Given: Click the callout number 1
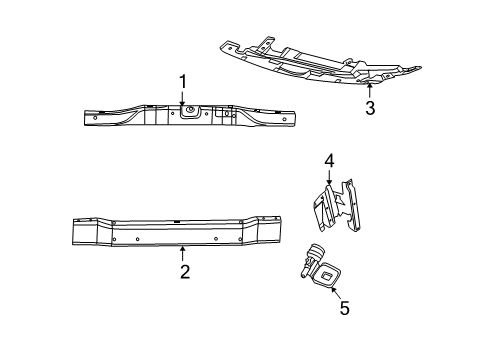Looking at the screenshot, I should [182, 81].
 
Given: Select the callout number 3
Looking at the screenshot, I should [369, 109].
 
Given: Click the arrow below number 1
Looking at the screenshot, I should [182, 100].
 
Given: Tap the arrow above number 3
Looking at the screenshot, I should [369, 91].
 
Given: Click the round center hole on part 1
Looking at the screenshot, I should [189, 114].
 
